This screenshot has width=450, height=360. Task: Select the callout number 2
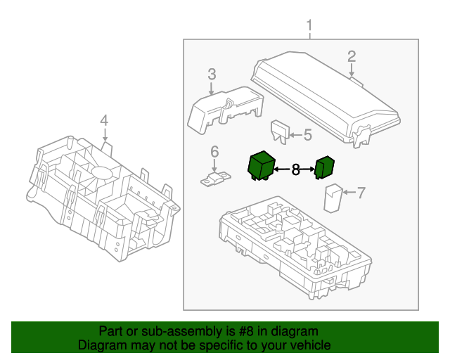coord(352,56)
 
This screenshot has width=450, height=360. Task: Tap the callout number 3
coord(211,75)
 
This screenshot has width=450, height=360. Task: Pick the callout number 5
coord(307,134)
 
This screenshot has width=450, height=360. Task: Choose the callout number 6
coord(215,151)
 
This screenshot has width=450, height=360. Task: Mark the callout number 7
coord(361,192)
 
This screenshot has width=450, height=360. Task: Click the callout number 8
coord(295,169)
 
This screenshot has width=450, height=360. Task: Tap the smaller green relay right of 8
coord(324,168)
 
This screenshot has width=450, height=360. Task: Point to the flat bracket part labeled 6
coord(215,180)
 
